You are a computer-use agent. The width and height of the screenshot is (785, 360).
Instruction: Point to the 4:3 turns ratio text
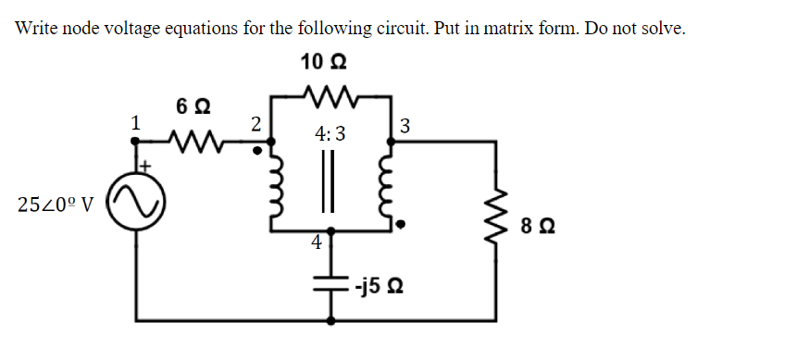tap(330, 134)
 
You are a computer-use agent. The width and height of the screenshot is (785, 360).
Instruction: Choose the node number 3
tap(405, 126)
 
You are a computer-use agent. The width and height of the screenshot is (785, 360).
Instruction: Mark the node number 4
tap(318, 243)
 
